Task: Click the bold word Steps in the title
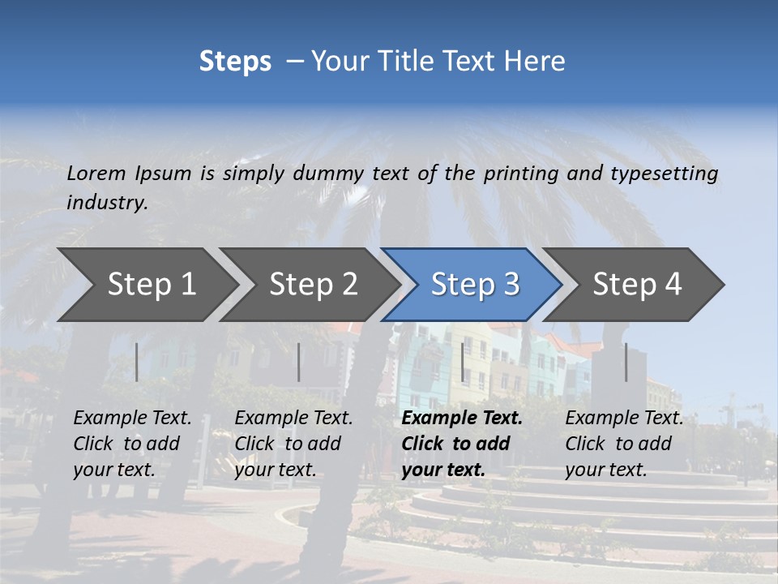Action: [x=235, y=62]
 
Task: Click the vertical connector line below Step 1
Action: [x=137, y=362]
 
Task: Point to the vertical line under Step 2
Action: [x=299, y=362]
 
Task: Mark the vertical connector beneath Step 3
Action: [x=463, y=362]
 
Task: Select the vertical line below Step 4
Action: [x=626, y=362]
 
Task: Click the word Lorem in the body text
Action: [x=96, y=173]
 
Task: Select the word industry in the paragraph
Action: [x=106, y=202]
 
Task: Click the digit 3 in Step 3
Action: [x=511, y=284]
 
